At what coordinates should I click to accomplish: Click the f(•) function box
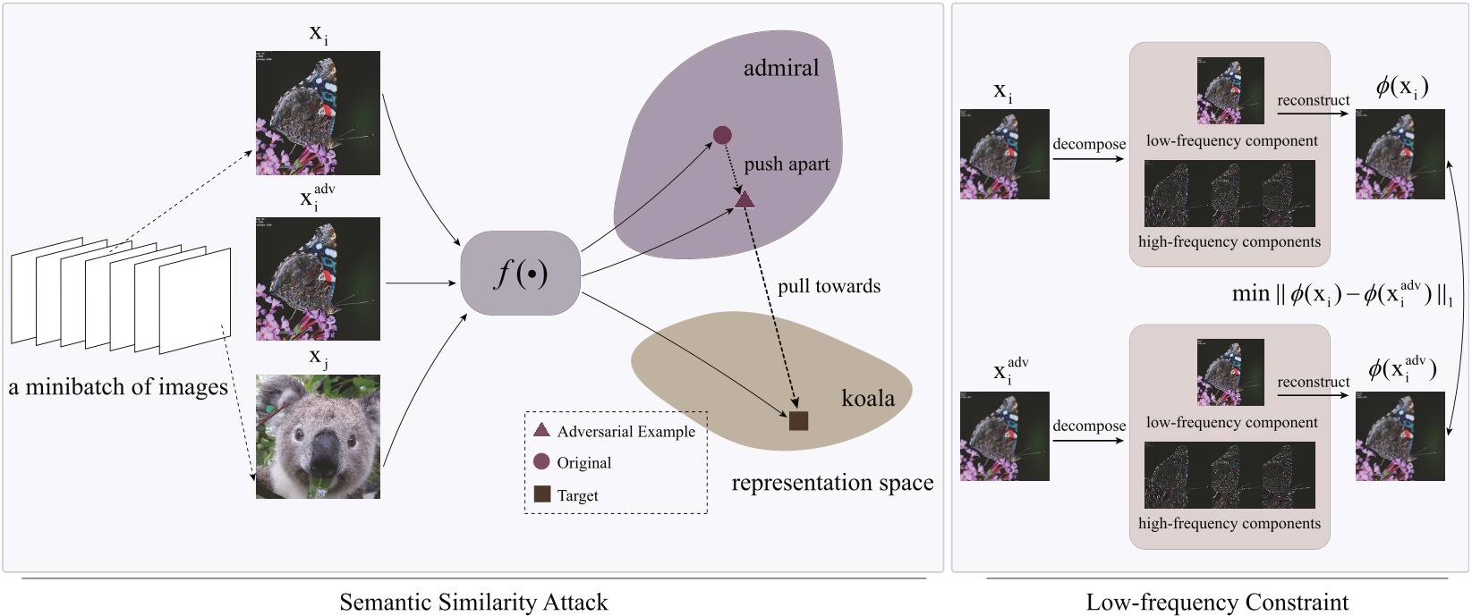[520, 274]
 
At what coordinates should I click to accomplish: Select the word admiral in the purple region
[780, 68]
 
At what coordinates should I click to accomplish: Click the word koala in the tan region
[867, 398]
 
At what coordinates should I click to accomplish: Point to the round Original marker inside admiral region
[722, 135]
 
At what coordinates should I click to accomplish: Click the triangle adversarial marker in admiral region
[745, 199]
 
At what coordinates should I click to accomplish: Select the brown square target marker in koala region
[798, 420]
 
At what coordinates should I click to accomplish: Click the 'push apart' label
[787, 165]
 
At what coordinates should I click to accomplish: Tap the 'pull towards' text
[829, 286]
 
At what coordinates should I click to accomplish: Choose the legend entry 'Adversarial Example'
[625, 432]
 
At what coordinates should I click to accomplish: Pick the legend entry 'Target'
[577, 495]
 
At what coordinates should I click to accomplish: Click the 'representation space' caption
[832, 483]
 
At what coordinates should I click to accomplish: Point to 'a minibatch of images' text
[118, 387]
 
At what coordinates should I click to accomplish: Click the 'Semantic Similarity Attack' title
[473, 602]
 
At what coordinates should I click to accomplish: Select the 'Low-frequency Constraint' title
[1217, 602]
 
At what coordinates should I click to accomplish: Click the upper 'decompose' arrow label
[1089, 144]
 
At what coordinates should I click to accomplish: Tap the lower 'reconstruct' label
[1313, 382]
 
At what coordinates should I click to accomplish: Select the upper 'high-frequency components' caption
[1229, 241]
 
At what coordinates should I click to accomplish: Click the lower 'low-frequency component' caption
[1231, 422]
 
